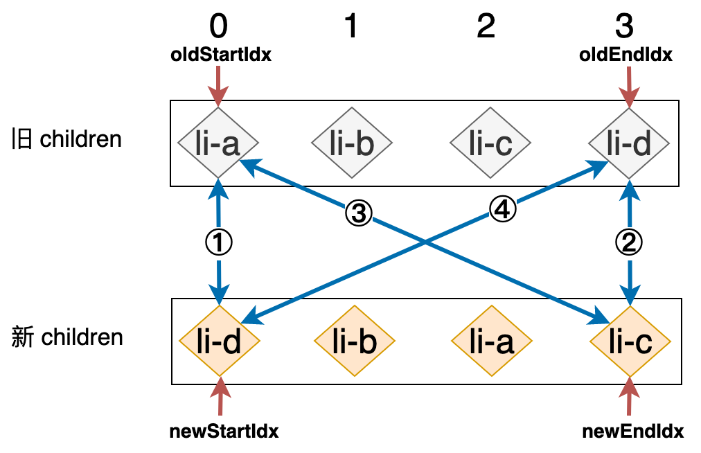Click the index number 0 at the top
218,26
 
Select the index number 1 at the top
351,26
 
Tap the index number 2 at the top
486,26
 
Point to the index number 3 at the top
624,26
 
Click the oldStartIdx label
221,55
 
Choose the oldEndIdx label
625,55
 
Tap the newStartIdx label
224,432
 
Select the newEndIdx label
633,432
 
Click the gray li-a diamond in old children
218,143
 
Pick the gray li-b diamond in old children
352,143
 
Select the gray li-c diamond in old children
490,143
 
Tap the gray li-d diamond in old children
629,143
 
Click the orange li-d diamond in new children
220,341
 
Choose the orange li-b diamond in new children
354,341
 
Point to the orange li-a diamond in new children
491,341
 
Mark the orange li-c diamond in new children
630,341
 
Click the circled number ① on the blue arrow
219,242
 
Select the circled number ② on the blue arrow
629,242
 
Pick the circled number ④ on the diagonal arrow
502,209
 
